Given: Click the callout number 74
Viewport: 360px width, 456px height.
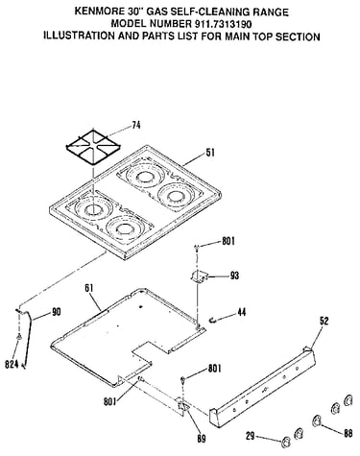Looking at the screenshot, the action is [136, 125].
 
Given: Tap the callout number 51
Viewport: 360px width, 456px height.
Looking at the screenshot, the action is [210, 153].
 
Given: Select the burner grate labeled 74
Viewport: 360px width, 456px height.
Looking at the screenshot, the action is [88, 147].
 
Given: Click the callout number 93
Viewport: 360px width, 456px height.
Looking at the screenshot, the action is [234, 276].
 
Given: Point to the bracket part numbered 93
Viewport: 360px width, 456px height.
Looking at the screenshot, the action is [199, 276].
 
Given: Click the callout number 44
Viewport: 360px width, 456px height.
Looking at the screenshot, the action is [242, 312].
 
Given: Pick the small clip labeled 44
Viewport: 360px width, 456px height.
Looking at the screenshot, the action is [212, 319].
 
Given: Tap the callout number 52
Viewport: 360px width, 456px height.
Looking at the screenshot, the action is [324, 321].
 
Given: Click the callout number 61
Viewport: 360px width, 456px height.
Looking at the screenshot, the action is [88, 288].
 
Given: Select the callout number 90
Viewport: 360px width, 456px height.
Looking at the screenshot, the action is [56, 312].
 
